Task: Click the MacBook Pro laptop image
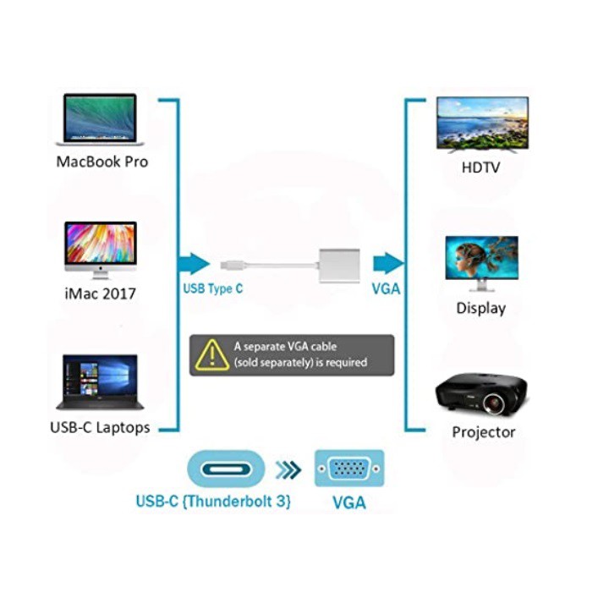[x=100, y=119]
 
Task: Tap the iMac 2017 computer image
[x=100, y=248]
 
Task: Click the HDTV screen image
[x=482, y=123]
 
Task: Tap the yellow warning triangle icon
[x=211, y=355]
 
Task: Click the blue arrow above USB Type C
[x=194, y=263]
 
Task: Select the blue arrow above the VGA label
[x=388, y=263]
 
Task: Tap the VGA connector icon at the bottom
[x=349, y=469]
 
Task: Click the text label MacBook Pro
[x=101, y=161]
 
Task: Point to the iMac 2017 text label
[x=100, y=294]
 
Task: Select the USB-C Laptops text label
[x=100, y=427]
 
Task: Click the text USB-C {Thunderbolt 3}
[x=213, y=501]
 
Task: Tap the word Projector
[x=483, y=432]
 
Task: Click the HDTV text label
[x=480, y=167]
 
